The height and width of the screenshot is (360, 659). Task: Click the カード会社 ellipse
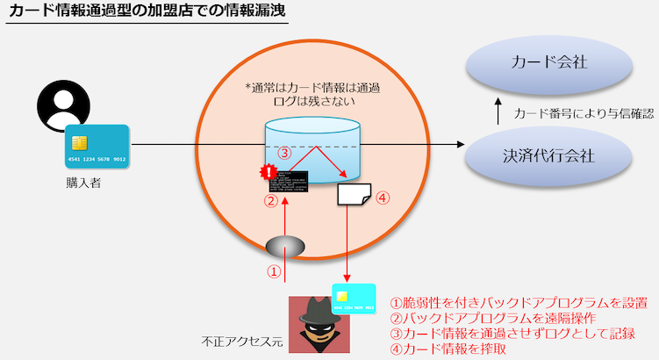coord(548,63)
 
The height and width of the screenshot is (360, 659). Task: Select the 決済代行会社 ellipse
coord(548,156)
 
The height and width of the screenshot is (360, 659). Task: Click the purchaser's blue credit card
coord(97,146)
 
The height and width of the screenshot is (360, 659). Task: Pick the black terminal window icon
coord(289,181)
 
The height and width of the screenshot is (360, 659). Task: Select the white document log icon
coord(354,196)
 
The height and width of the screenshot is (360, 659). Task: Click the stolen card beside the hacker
coord(355,299)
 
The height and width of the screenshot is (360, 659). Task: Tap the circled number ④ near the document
coord(383,198)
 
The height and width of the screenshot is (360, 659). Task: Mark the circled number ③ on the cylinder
coord(283,152)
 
